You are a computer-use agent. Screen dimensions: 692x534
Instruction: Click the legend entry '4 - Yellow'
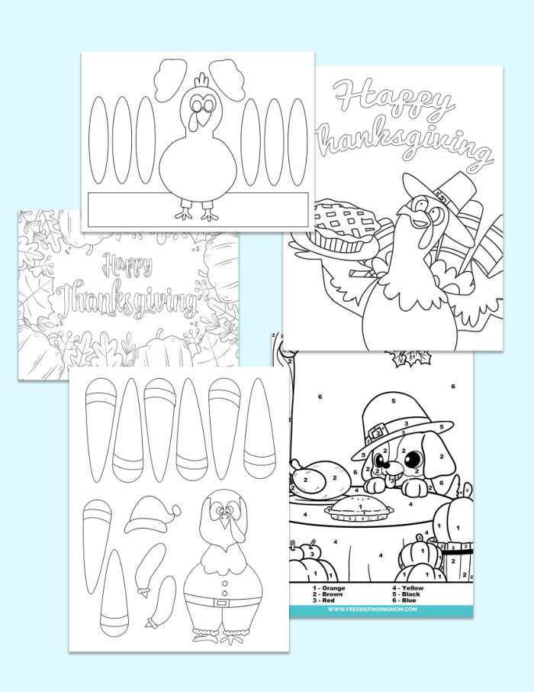coord(413,587)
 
